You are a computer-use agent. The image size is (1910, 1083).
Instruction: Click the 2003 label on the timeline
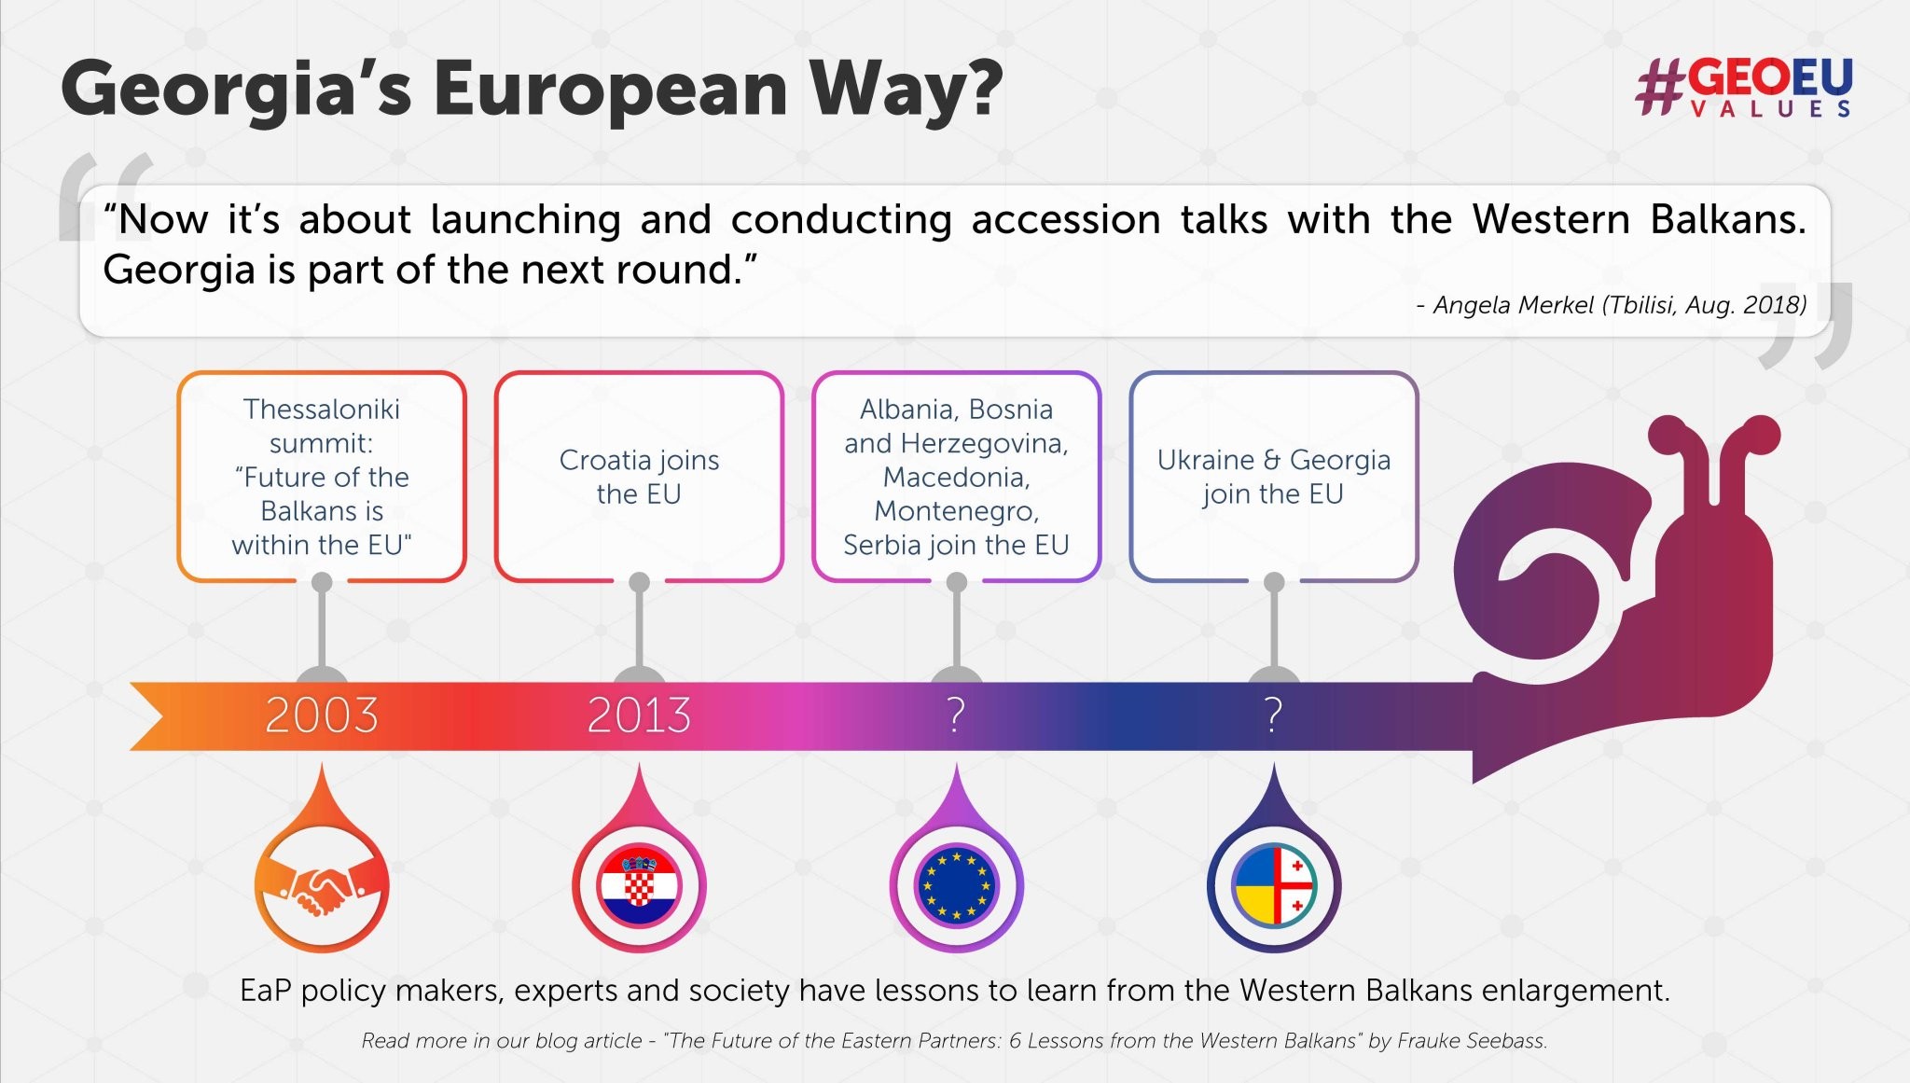(322, 715)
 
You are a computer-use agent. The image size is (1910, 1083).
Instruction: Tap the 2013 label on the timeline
(639, 715)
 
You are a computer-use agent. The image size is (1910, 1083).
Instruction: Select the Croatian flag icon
(639, 886)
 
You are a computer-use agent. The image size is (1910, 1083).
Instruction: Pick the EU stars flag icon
(956, 886)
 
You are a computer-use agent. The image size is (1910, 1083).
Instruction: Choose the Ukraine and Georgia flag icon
(1274, 886)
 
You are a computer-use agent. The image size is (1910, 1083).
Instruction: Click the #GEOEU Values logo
(1744, 87)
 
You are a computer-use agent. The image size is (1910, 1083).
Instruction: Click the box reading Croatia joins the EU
(639, 477)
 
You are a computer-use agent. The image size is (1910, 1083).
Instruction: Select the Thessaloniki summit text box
(322, 477)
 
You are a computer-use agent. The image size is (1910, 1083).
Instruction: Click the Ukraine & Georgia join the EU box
(1274, 477)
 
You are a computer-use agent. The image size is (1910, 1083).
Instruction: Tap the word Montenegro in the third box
(955, 511)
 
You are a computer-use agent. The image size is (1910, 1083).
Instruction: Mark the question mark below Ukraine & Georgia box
(1274, 715)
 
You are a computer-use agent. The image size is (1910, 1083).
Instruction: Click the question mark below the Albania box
(956, 715)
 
